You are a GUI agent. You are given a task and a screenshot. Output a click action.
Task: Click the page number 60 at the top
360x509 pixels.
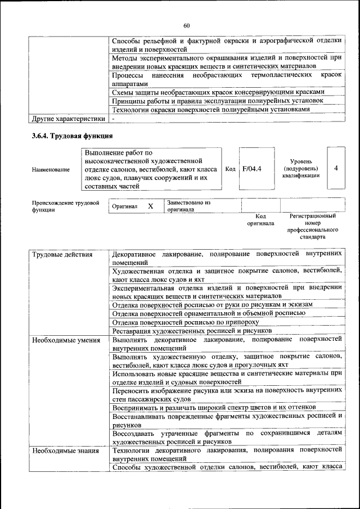click(186, 25)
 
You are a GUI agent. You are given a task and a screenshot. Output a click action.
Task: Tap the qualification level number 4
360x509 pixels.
click(335, 168)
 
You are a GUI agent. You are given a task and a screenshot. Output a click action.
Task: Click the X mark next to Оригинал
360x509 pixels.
click(150, 206)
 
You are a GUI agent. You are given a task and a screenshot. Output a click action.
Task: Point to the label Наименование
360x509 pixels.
click(51, 169)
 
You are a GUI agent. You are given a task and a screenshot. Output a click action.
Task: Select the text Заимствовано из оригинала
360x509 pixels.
click(188, 206)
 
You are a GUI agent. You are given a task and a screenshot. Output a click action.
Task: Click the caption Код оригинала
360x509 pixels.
click(260, 219)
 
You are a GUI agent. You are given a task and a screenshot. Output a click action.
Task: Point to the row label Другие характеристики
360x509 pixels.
click(68, 119)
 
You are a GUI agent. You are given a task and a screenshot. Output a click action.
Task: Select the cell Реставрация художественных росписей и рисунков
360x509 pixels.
click(192, 331)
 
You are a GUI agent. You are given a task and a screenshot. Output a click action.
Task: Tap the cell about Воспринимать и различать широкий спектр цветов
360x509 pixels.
click(214, 406)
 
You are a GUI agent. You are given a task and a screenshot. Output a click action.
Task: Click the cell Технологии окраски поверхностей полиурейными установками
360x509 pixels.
click(210, 110)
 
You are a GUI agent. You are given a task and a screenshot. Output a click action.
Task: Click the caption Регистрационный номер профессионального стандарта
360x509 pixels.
click(313, 226)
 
